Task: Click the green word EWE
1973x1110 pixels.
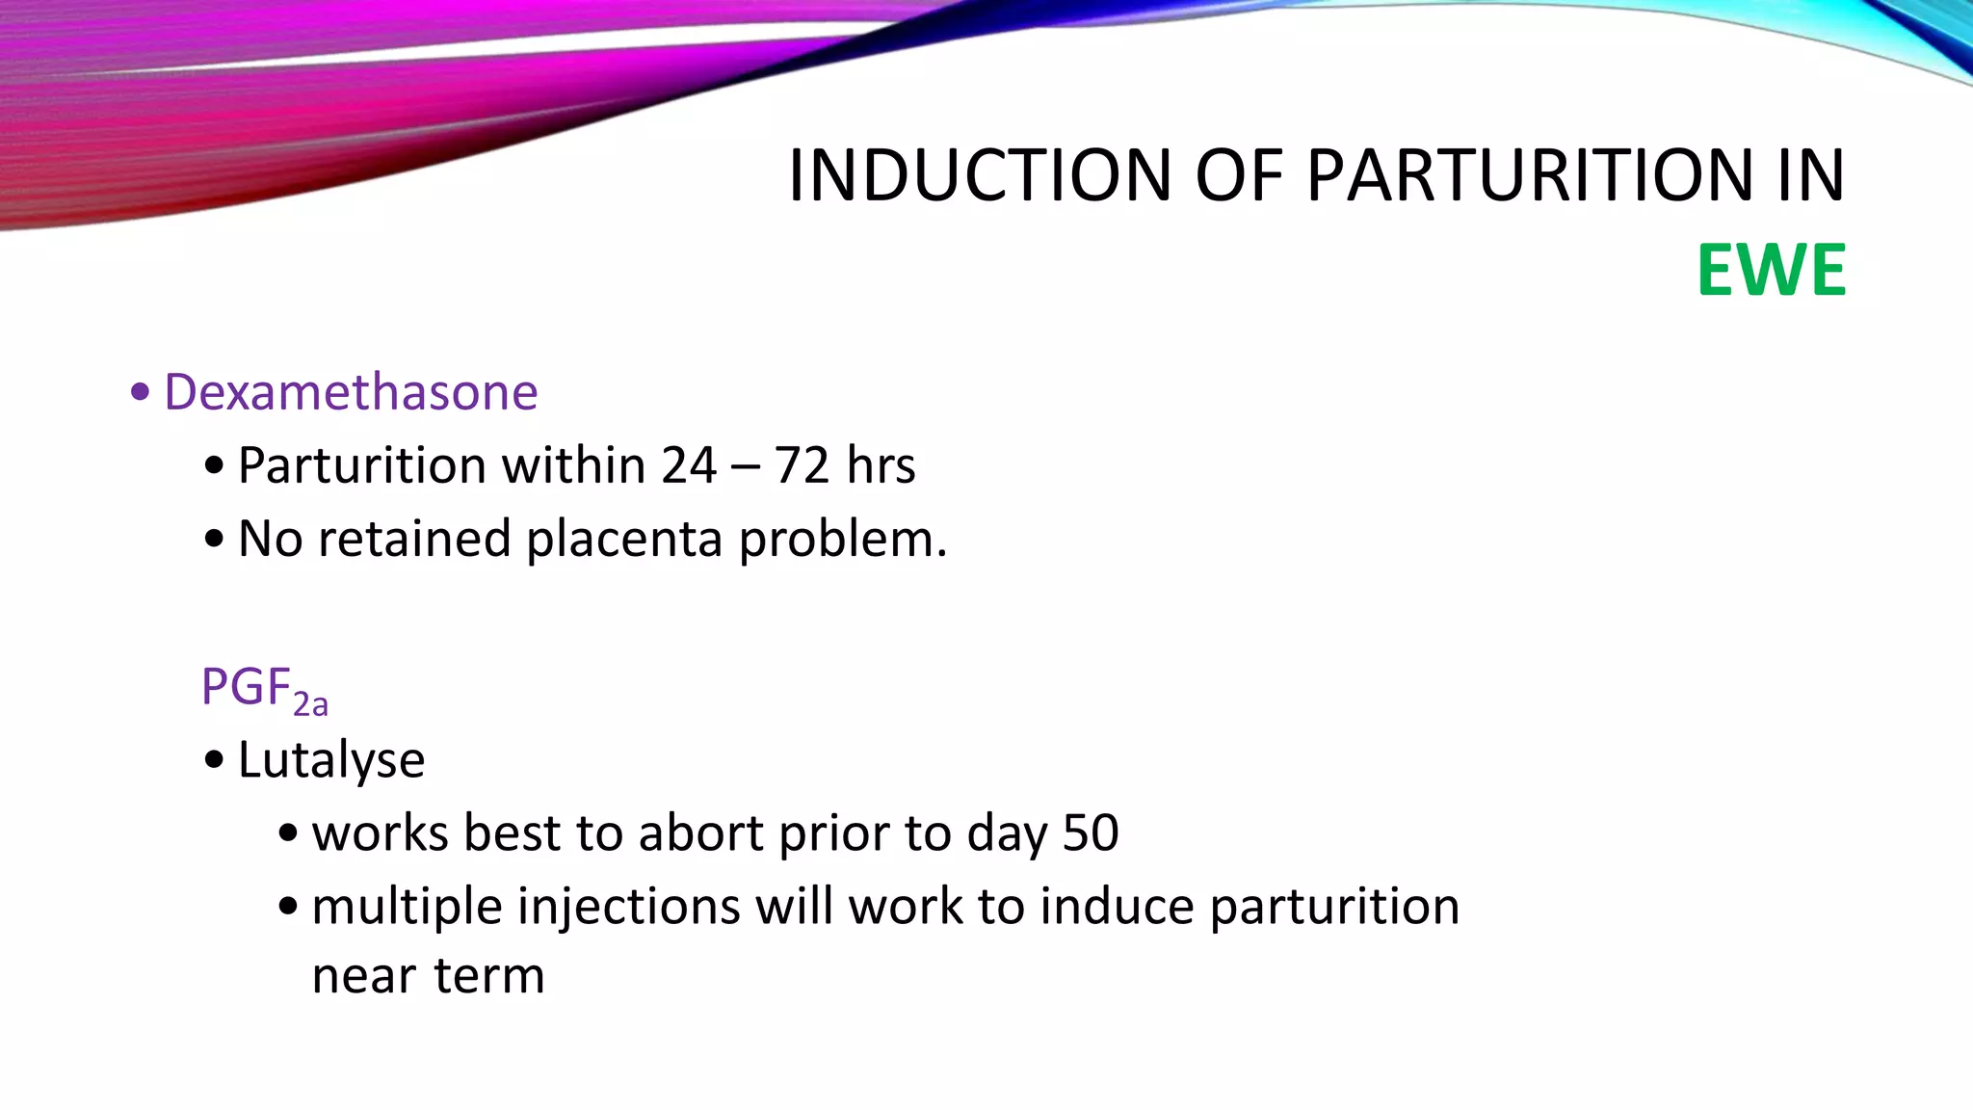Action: (1771, 271)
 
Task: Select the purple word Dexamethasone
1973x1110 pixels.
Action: (351, 392)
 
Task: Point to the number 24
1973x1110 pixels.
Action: (689, 465)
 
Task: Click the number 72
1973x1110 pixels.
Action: (802, 465)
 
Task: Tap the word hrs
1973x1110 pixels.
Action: (881, 465)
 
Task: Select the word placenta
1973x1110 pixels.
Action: (624, 539)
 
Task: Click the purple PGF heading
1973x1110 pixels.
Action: (246, 687)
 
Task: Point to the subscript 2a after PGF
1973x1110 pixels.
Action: (311, 705)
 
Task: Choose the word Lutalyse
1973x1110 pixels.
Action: (331, 760)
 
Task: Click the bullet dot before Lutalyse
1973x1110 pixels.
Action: (214, 760)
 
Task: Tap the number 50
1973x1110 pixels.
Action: (1090, 832)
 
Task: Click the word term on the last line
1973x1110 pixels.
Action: (489, 976)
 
